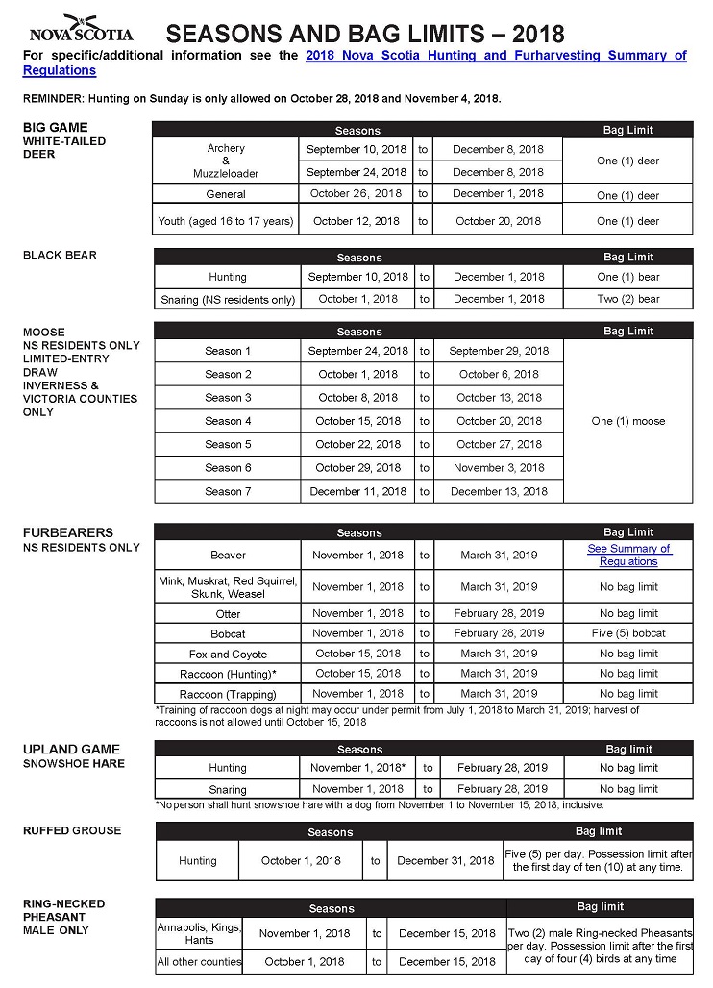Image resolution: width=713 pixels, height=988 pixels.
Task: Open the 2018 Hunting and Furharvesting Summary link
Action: click(x=495, y=56)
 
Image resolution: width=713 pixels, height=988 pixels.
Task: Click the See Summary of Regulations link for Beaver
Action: click(x=628, y=555)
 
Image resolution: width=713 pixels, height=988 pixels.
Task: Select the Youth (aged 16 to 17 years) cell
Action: click(x=226, y=221)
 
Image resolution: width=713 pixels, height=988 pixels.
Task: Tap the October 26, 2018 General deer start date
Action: click(x=356, y=194)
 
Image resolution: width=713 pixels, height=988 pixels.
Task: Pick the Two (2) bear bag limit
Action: click(x=628, y=299)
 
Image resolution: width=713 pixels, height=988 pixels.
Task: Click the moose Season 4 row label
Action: click(x=228, y=421)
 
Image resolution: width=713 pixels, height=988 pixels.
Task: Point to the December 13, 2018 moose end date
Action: click(x=499, y=491)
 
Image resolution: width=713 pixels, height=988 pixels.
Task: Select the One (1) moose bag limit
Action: click(x=628, y=421)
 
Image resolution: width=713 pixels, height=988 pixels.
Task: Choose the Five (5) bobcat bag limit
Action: click(x=628, y=633)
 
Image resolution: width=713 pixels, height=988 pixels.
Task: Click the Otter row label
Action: click(x=228, y=613)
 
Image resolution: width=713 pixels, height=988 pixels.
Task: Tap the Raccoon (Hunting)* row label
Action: click(x=228, y=674)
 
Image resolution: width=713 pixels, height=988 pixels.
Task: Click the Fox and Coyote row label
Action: click(x=228, y=654)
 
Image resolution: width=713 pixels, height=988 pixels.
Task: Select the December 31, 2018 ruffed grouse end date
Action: click(x=446, y=860)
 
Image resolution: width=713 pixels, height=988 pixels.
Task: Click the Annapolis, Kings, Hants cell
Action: click(x=199, y=933)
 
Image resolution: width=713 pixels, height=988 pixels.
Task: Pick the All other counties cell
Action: click(x=199, y=961)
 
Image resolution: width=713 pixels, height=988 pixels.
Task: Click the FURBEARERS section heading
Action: click(x=68, y=532)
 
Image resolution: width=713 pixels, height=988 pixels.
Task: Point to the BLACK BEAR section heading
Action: click(x=60, y=255)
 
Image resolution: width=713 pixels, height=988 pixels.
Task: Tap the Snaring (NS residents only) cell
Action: click(x=228, y=299)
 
